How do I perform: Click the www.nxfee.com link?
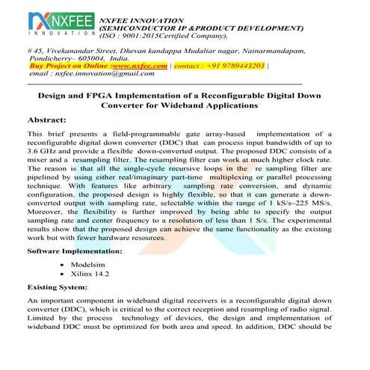tap(140, 66)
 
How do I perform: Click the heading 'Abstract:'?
tap(50, 120)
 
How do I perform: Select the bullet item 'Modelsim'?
tap(88, 265)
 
